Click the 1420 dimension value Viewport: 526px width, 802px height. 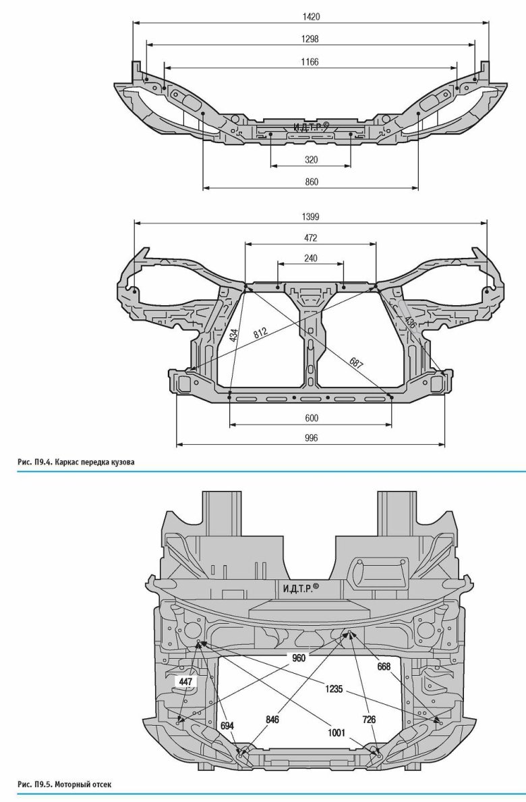[x=311, y=17]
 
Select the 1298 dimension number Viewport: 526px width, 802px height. [x=310, y=39]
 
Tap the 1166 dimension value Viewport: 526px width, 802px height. [x=310, y=62]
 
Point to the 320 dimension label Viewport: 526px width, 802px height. [x=312, y=159]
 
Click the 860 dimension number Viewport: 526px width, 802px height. [x=312, y=182]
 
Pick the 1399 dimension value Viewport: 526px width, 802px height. [x=310, y=217]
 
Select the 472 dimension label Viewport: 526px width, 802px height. [x=310, y=238]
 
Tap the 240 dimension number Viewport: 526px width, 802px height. [x=310, y=259]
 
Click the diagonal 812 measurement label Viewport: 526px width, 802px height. [x=260, y=333]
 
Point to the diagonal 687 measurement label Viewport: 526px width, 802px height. [x=356, y=363]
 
